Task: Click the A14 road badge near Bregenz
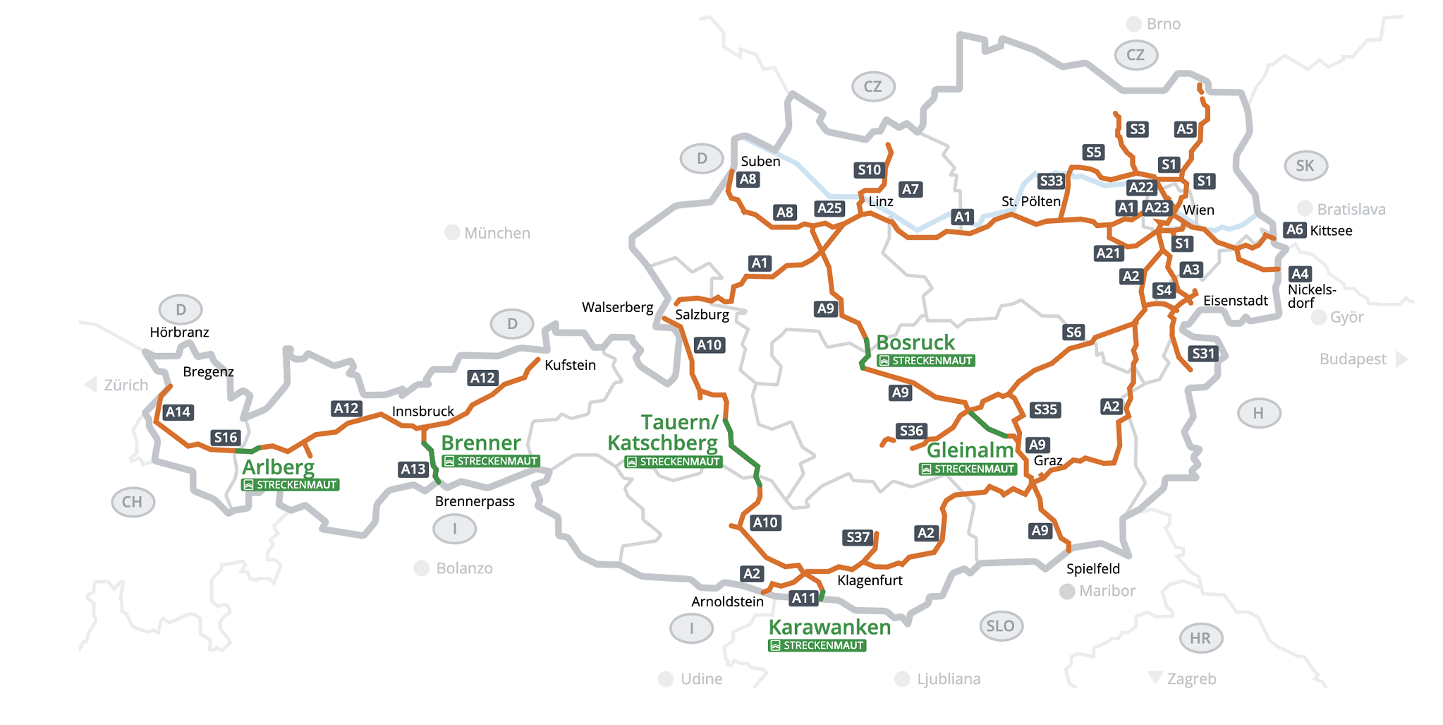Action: tap(178, 412)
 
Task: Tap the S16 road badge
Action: tap(226, 438)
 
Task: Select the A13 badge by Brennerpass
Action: tap(413, 469)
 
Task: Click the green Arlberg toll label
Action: tap(278, 467)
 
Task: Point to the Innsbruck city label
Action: tap(423, 411)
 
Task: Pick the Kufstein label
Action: tap(570, 365)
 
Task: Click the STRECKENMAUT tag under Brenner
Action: tap(491, 461)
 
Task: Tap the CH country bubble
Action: tap(133, 502)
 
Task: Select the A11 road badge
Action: tap(803, 598)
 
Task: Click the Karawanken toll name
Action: tap(829, 627)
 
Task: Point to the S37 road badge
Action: tap(858, 537)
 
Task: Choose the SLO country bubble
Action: tap(1000, 626)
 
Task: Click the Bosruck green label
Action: tap(915, 342)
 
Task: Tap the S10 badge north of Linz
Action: tap(869, 169)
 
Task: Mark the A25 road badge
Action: tap(829, 208)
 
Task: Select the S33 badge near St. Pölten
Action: tap(1051, 181)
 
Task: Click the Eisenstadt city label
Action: tap(1235, 301)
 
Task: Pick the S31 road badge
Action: tap(1203, 354)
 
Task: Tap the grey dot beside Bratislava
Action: tap(1305, 208)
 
